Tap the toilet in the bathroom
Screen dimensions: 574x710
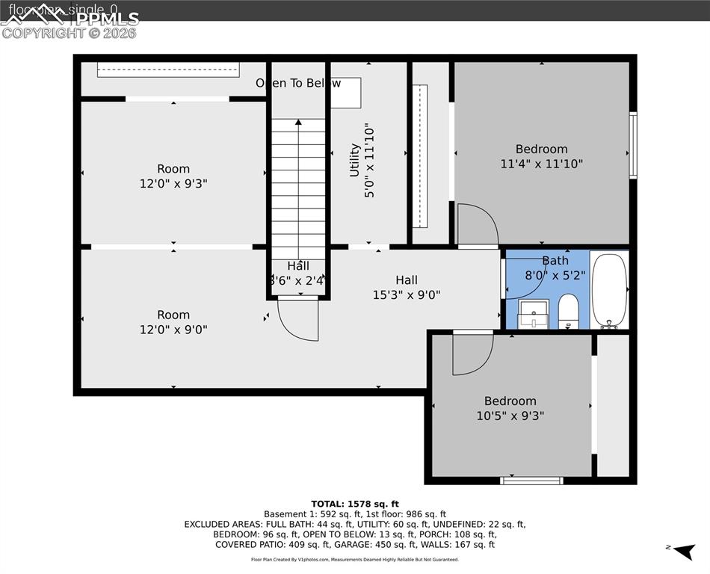[568, 312]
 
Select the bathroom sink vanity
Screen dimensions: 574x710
[534, 315]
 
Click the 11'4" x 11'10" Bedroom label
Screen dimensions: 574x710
[541, 156]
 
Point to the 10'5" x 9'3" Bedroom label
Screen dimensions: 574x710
[510, 408]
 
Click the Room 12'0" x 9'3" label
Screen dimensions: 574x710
[173, 176]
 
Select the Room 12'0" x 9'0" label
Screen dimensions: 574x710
[173, 322]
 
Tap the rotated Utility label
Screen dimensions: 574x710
[362, 161]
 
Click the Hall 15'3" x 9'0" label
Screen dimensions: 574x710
[407, 287]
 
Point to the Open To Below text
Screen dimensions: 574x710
[298, 83]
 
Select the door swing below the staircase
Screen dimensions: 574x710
[298, 318]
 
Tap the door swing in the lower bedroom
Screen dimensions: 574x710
[472, 352]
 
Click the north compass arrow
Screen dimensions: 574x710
[682, 552]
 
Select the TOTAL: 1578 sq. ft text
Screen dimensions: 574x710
[355, 503]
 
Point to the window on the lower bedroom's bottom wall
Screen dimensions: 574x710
[531, 481]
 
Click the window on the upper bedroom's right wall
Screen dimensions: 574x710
[633, 145]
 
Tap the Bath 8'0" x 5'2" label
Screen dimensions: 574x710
[555, 268]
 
